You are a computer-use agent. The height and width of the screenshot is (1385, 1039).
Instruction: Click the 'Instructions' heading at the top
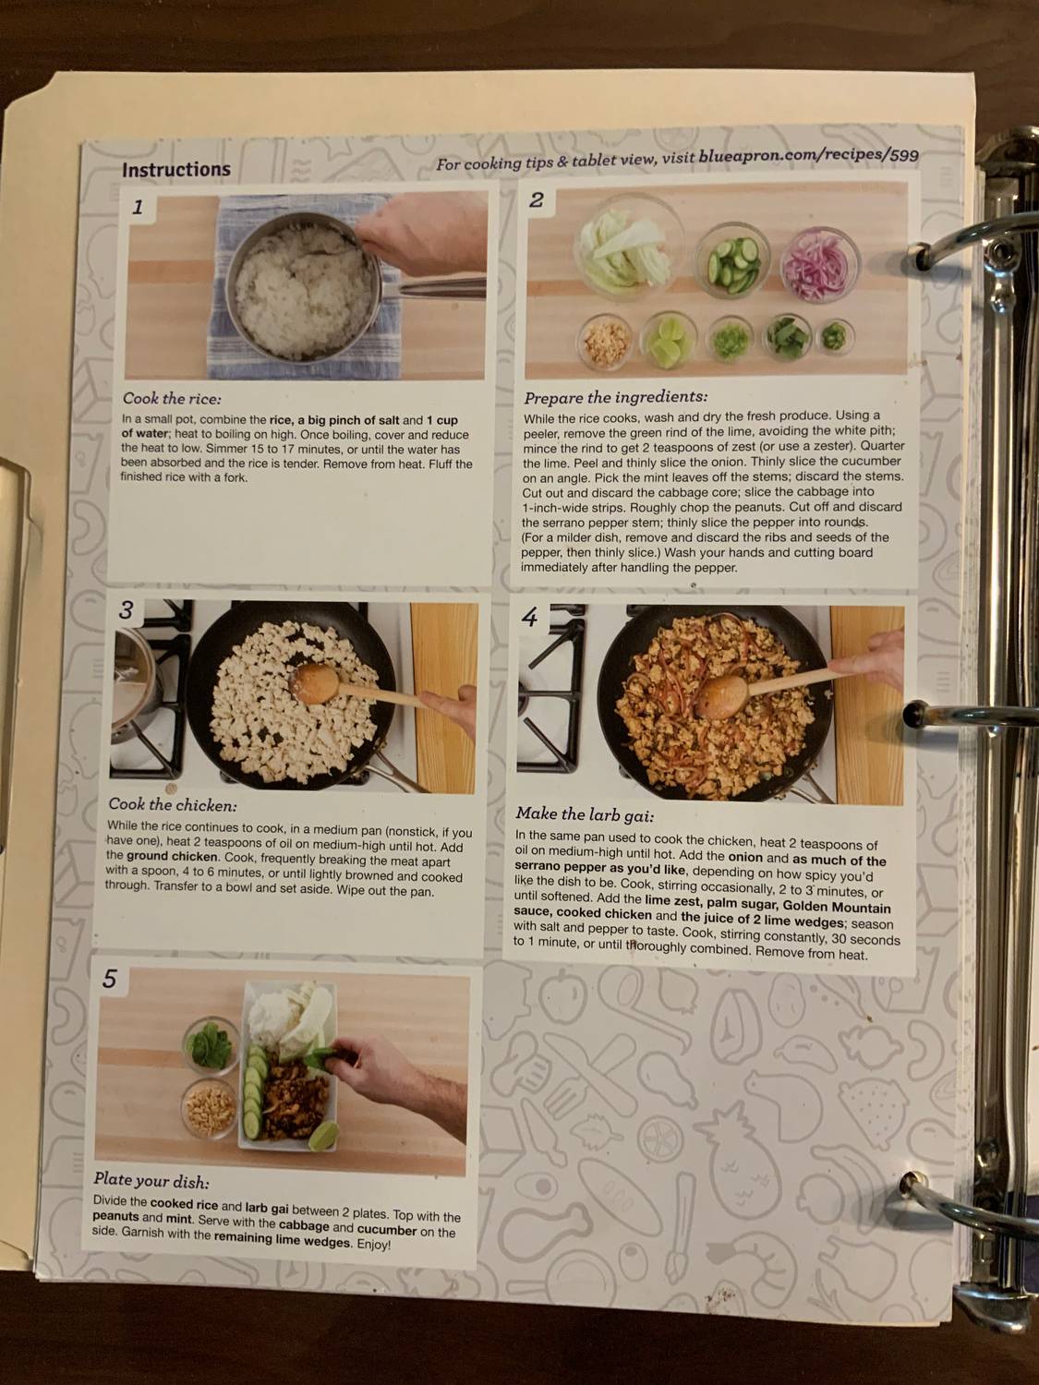pyautogui.click(x=175, y=170)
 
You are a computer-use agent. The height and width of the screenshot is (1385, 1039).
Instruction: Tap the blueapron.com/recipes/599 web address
pyautogui.click(x=808, y=157)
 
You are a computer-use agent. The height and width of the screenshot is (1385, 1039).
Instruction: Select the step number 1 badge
pyautogui.click(x=138, y=207)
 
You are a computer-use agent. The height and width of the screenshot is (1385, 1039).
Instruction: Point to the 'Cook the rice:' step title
pyautogui.click(x=172, y=399)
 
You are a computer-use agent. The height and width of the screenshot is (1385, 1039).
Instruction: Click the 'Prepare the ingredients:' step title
pyautogui.click(x=615, y=397)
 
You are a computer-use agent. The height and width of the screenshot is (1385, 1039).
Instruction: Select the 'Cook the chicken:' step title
pyautogui.click(x=172, y=805)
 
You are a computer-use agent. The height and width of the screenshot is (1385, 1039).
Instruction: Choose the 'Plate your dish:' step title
pyautogui.click(x=151, y=1180)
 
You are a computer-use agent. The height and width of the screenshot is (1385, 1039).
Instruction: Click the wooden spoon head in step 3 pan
pyautogui.click(x=315, y=682)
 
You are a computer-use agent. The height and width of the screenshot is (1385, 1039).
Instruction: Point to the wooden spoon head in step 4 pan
pyautogui.click(x=721, y=693)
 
